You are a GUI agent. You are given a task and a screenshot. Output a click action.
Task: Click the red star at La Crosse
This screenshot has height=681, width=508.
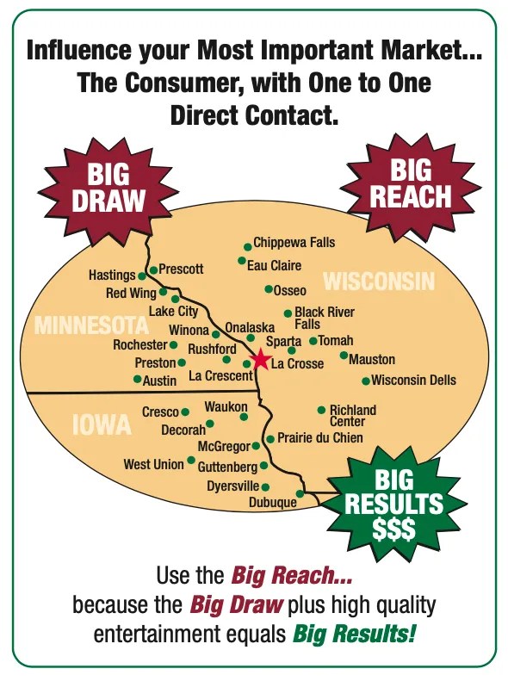click(261, 360)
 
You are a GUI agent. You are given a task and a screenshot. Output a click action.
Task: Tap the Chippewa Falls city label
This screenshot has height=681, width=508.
click(294, 243)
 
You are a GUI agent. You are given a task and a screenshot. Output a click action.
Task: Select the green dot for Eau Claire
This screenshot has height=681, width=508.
click(242, 261)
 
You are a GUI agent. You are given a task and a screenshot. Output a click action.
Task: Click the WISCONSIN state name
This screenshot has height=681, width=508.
click(379, 282)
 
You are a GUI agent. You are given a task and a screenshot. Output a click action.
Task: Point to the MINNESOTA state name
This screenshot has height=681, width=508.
click(92, 326)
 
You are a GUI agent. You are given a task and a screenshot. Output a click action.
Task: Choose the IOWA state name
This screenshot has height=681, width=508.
click(102, 424)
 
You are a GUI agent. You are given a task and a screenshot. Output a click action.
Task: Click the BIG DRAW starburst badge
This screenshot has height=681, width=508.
click(108, 189)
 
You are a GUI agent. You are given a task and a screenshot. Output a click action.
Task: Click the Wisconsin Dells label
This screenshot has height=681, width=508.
click(413, 381)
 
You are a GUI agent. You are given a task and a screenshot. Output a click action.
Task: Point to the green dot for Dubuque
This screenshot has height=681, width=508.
click(300, 494)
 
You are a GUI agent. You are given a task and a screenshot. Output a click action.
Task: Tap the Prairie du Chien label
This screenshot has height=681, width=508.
click(320, 438)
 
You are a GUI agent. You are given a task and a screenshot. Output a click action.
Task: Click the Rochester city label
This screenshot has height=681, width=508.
click(140, 344)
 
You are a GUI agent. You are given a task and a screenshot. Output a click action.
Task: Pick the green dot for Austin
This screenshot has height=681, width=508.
click(137, 379)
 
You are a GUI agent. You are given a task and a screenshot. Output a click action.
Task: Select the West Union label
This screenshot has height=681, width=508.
click(153, 464)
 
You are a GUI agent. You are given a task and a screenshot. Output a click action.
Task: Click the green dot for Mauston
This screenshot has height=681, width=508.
click(344, 355)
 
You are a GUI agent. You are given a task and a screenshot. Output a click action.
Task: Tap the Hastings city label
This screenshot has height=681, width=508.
click(112, 275)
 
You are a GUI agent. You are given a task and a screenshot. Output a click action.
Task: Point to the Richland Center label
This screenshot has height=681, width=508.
click(353, 416)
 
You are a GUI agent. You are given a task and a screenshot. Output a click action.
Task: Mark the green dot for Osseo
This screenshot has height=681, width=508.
click(269, 289)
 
